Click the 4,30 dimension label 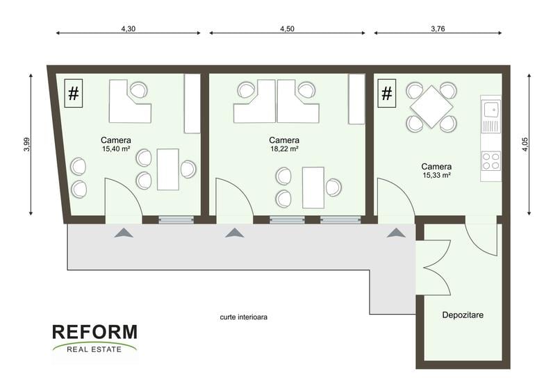pos(129,29)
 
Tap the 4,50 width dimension pos(287,29)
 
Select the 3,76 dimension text pos(438,29)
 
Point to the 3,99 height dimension pos(27,144)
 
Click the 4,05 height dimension pos(525,144)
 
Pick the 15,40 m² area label pos(116,149)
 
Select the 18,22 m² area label pos(284,149)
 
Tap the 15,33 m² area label pos(436,175)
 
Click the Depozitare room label pos(463,315)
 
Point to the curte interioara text pos(244,317)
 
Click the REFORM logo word pos(95,332)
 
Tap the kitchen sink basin pos(492,110)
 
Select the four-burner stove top pos(491,160)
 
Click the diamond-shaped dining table pos(431,106)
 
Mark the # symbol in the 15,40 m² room pos(74,93)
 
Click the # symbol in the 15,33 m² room pos(387,93)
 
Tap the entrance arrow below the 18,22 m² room pos(235,233)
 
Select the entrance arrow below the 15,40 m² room pos(124,233)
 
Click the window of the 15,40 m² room pos(176,220)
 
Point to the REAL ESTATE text pos(94,350)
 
